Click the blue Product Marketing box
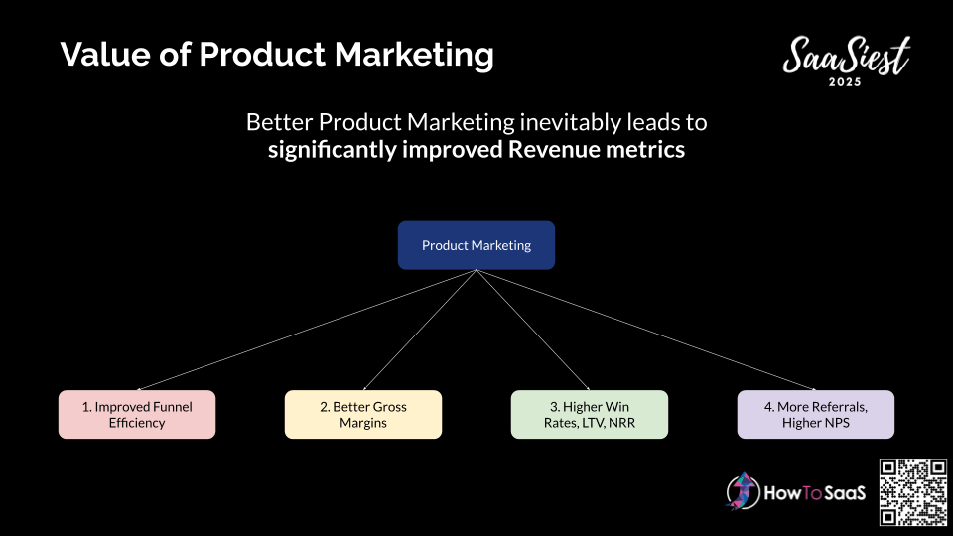click(x=476, y=245)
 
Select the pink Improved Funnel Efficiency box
click(x=137, y=415)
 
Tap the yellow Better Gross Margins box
click(x=363, y=415)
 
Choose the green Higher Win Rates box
click(x=590, y=415)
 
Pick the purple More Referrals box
click(x=816, y=415)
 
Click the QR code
click(x=913, y=492)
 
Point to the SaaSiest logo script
click(x=847, y=55)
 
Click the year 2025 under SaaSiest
click(x=845, y=82)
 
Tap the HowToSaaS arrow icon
click(x=743, y=491)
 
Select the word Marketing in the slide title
click(x=414, y=55)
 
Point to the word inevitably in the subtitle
click(x=571, y=122)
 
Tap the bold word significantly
click(x=332, y=150)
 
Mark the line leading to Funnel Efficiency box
click(x=307, y=330)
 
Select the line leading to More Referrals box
click(x=646, y=330)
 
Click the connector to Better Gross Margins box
click(x=420, y=330)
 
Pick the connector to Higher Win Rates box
click(x=533, y=330)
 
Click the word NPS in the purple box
click(x=837, y=423)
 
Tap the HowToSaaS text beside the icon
click(x=814, y=493)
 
